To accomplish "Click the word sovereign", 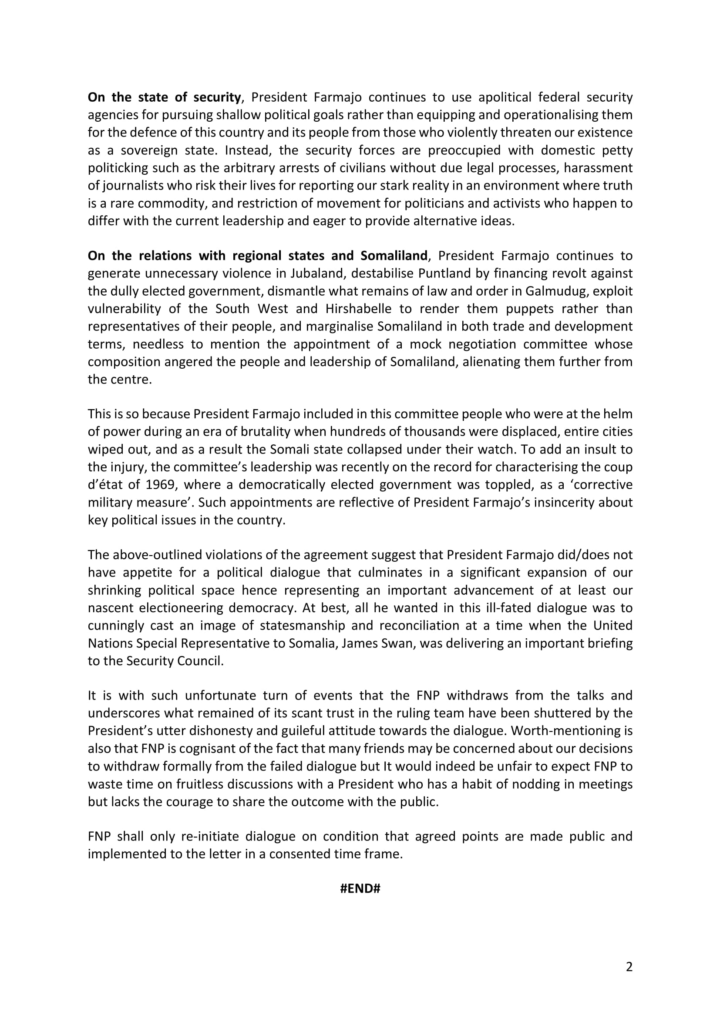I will (x=150, y=150).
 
